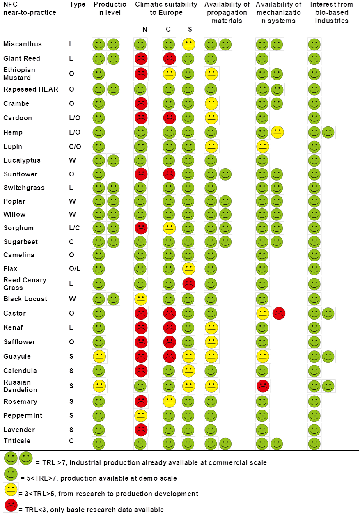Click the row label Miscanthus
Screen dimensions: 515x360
(22, 44)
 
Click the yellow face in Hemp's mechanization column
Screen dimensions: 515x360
(277, 132)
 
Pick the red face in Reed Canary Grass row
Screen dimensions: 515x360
(188, 284)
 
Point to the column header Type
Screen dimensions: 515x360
(77, 5)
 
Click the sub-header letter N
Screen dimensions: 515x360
(144, 30)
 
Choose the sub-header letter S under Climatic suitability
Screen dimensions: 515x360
(189, 30)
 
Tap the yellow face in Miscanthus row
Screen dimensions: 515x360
(188, 44)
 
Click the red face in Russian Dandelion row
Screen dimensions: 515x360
(262, 386)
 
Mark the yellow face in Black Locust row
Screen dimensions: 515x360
(140, 299)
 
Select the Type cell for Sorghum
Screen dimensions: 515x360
(74, 228)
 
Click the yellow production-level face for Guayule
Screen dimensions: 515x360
(99, 356)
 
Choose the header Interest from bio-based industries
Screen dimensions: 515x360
(331, 12)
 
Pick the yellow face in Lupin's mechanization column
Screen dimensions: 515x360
(262, 146)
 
